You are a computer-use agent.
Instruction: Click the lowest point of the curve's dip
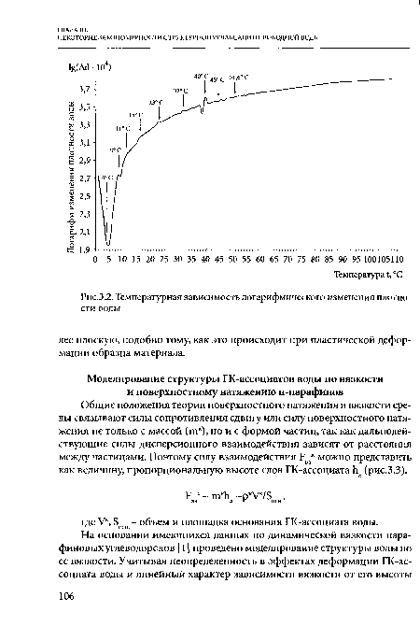click(x=108, y=245)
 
